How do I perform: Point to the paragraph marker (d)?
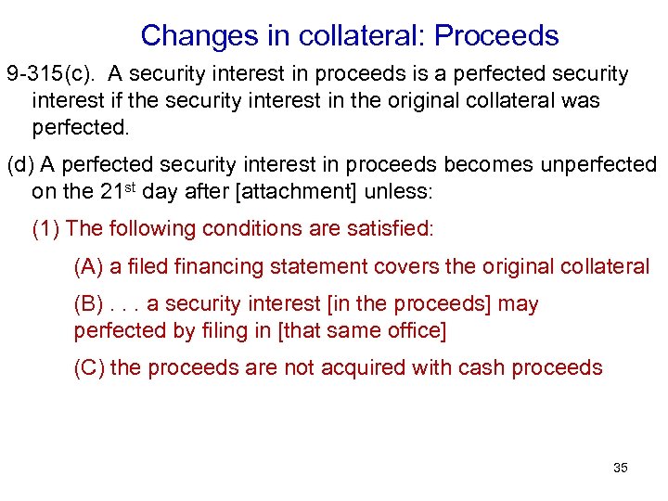20,165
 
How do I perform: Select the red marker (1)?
46,228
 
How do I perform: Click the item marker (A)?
89,267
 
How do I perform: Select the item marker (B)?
89,304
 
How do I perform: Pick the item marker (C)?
89,367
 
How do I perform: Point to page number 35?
620,468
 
